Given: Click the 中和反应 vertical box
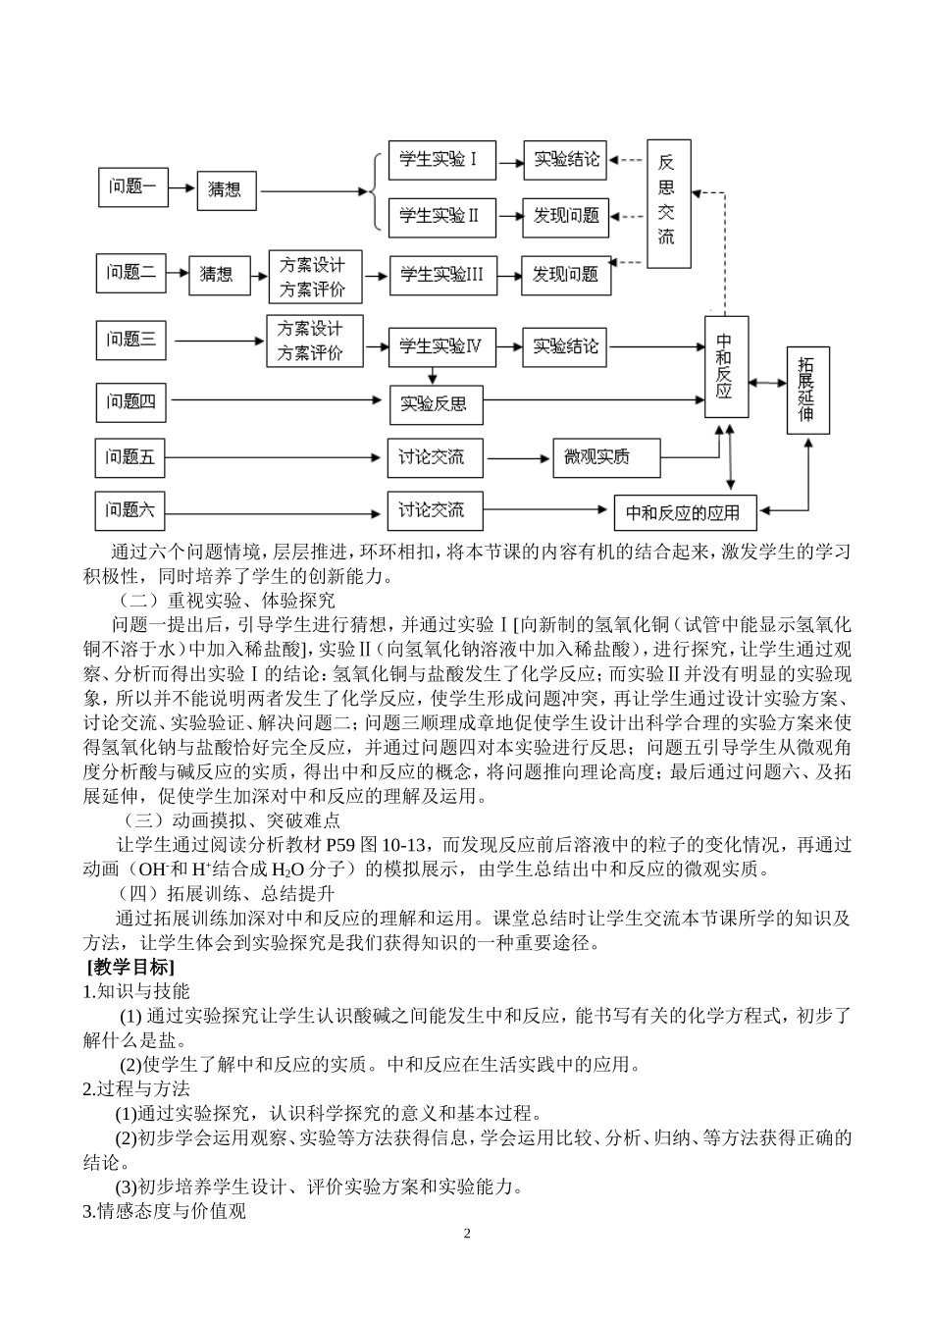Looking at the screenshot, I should (x=726, y=366).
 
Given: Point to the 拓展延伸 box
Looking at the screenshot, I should (x=807, y=390).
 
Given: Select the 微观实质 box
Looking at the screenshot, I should (x=605, y=456).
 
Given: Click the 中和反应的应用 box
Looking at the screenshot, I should (x=690, y=512).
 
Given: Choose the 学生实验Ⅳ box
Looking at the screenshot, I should (x=441, y=346).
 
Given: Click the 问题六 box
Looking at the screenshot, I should (x=131, y=510).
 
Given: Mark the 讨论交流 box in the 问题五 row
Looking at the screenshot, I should (x=432, y=457).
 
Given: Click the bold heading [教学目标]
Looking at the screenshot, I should (x=130, y=968).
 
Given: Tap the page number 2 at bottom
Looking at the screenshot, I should (x=467, y=1233).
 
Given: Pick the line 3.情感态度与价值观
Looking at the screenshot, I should (x=165, y=1211).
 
